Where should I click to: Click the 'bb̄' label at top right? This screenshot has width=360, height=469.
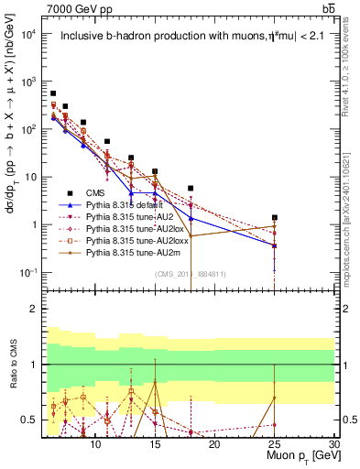(327, 8)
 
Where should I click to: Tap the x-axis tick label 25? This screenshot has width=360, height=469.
(274, 444)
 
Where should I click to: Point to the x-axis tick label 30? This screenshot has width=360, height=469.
(333, 444)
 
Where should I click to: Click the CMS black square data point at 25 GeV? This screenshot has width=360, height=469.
(274, 218)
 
